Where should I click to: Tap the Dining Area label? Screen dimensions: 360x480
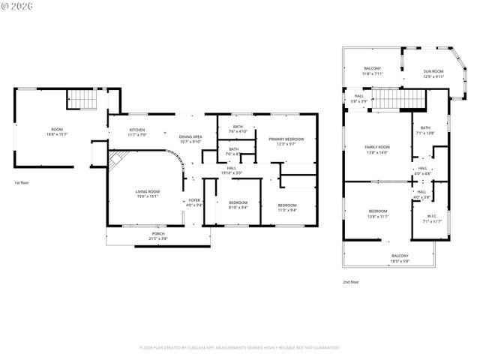pyautogui.click(x=190, y=139)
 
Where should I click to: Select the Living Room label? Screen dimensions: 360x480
pyautogui.click(x=147, y=194)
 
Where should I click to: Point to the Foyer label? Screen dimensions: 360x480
pyautogui.click(x=194, y=202)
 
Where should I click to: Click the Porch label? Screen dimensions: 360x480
pyautogui.click(x=158, y=235)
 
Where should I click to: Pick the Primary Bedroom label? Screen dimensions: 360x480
pyautogui.click(x=285, y=141)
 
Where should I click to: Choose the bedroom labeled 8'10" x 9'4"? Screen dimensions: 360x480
pyautogui.click(x=238, y=205)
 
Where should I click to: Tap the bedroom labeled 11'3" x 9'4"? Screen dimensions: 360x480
pyautogui.click(x=287, y=208)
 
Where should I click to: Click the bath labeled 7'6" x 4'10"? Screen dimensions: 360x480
pyautogui.click(x=238, y=129)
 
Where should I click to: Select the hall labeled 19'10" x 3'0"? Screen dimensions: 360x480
pyautogui.click(x=232, y=170)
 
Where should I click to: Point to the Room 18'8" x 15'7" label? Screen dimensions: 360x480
pyautogui.click(x=57, y=131)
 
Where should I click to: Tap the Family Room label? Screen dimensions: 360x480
pyautogui.click(x=377, y=149)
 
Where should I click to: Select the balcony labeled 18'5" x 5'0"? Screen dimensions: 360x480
pyautogui.click(x=400, y=259)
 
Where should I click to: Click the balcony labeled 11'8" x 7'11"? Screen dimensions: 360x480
pyautogui.click(x=373, y=71)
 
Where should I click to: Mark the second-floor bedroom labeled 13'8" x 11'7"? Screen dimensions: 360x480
pyautogui.click(x=377, y=214)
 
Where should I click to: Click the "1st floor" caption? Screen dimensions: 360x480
pyautogui.click(x=22, y=183)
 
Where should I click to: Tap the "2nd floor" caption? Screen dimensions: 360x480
pyautogui.click(x=349, y=282)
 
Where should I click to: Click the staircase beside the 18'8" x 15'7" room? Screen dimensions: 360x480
pyautogui.click(x=82, y=99)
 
